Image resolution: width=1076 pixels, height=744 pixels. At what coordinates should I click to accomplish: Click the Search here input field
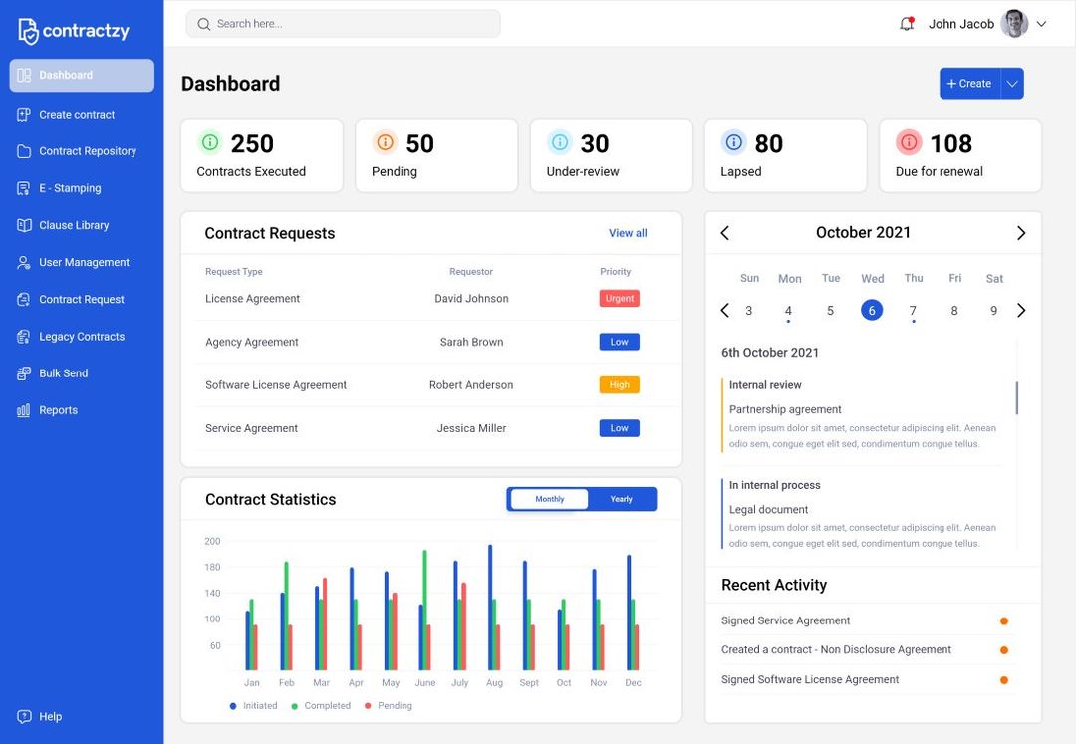(x=344, y=24)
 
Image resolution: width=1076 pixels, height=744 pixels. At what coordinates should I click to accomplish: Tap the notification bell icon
(x=907, y=24)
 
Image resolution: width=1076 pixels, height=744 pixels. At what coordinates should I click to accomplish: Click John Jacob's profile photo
(x=1014, y=24)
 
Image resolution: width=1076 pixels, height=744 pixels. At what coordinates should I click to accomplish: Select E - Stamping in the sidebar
(x=70, y=188)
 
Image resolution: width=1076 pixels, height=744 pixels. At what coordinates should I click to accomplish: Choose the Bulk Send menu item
(x=63, y=373)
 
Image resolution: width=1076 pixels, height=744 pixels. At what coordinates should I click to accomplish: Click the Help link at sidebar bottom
(x=50, y=717)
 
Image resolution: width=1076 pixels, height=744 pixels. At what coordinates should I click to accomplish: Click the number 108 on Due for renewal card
(x=950, y=144)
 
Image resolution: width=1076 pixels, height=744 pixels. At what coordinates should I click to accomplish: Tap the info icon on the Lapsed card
(x=734, y=142)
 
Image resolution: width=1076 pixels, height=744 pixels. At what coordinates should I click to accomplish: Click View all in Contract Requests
(x=628, y=233)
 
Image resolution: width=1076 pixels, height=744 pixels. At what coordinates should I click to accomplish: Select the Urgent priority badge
(x=619, y=298)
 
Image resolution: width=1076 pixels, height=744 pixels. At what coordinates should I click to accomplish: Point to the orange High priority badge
(x=619, y=384)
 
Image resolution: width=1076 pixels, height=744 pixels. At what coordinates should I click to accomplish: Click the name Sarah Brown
(x=471, y=342)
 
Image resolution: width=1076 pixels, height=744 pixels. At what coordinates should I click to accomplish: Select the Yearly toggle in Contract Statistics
(x=621, y=499)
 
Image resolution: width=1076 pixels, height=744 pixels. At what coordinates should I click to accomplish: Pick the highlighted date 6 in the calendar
(x=872, y=310)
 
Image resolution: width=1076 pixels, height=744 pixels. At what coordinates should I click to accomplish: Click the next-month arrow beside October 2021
(x=1021, y=233)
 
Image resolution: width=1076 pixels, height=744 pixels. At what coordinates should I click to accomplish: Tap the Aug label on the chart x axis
(x=494, y=683)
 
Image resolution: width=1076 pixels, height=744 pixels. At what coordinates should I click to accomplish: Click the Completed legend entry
(x=327, y=706)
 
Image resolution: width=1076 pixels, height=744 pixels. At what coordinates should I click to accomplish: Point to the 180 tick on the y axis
(x=212, y=568)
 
